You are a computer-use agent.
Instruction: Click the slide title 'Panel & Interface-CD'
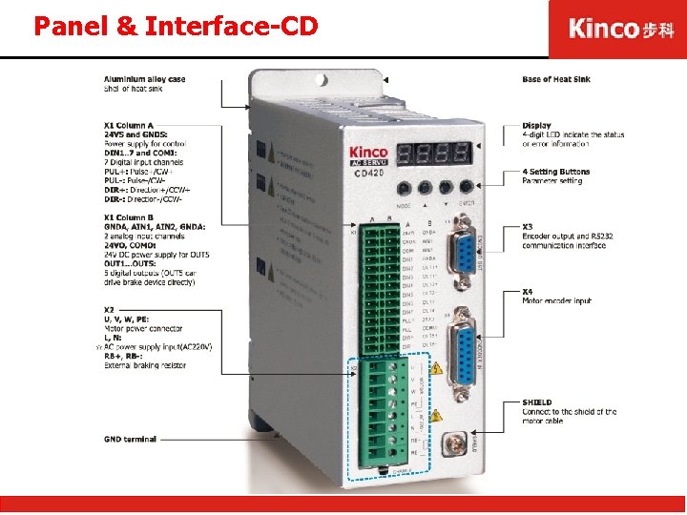pos(176,26)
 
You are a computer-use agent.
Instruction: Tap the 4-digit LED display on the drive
pos(435,153)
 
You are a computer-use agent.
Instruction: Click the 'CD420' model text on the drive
pos(370,174)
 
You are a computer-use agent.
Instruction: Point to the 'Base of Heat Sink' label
pos(557,79)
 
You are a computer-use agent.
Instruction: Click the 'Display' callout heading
pos(536,125)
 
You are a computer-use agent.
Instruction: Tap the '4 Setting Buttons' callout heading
pos(556,172)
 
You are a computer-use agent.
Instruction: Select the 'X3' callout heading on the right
pos(528,227)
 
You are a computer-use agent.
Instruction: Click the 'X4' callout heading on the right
pos(528,291)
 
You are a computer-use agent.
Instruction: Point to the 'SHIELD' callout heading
pos(537,402)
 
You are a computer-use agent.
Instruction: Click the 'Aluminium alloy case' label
pos(144,79)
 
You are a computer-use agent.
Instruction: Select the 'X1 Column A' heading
pos(129,125)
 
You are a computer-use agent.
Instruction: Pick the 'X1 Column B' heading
pos(129,217)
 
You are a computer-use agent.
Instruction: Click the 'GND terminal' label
pos(130,440)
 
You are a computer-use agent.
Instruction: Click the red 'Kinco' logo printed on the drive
pos(368,152)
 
